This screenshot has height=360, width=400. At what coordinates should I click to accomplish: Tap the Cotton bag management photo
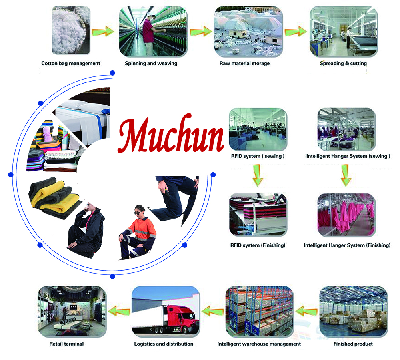71,30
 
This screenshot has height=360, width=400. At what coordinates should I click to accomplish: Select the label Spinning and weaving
151,63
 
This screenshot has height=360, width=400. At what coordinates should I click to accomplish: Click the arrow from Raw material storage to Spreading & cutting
296,32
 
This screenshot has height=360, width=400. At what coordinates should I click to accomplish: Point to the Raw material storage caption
245,63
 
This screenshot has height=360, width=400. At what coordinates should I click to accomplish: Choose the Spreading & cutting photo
344,32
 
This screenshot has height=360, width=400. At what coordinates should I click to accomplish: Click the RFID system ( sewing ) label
258,156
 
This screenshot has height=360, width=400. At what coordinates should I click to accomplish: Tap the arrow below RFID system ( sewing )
258,175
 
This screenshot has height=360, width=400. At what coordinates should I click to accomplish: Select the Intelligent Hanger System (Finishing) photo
346,215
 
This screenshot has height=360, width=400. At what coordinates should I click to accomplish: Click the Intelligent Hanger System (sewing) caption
348,156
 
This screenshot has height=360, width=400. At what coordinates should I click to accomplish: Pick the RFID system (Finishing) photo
258,215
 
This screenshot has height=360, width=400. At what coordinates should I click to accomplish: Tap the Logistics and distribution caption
164,344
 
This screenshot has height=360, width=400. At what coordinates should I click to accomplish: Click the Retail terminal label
66,344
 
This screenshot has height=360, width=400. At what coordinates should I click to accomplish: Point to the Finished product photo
353,312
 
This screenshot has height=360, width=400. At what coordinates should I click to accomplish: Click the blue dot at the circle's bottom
112,276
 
